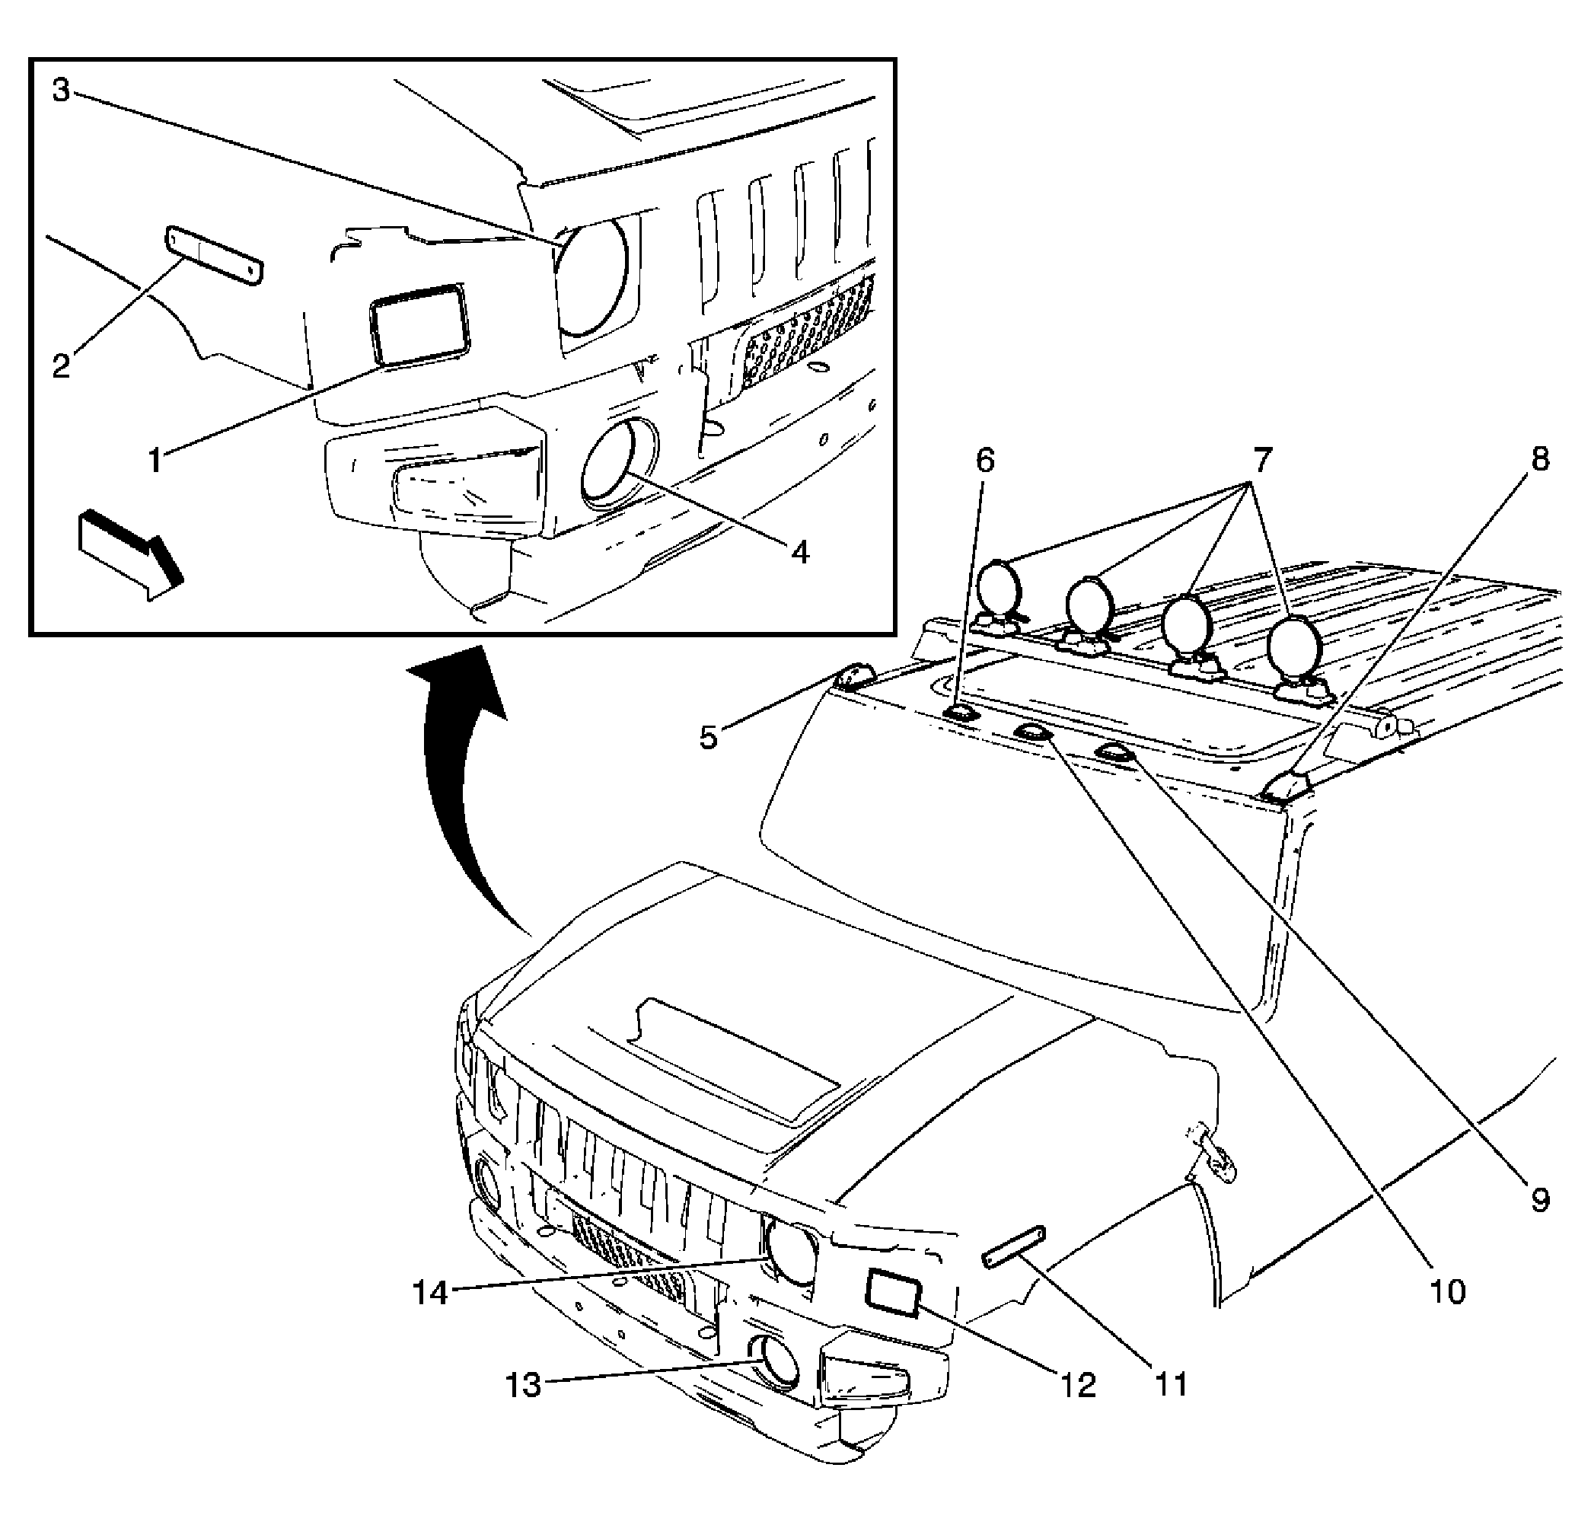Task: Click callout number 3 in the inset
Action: [x=62, y=90]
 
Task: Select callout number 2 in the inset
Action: [x=62, y=365]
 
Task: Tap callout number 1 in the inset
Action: [x=154, y=461]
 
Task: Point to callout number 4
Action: [x=800, y=554]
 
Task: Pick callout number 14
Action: [x=431, y=1294]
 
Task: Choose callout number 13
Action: [x=523, y=1385]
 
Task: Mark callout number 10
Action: [x=1446, y=1292]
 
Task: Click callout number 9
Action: [x=1539, y=1201]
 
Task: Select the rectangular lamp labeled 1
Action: [x=419, y=321]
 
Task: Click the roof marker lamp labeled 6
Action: [x=961, y=714]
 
